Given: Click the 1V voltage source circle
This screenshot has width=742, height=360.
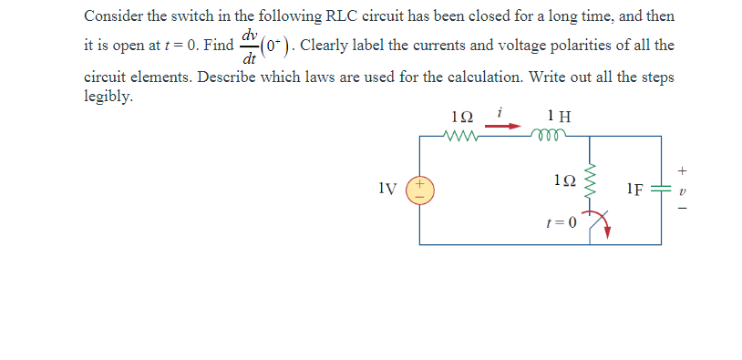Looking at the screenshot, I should (x=420, y=189).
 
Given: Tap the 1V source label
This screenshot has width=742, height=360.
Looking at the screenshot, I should (x=386, y=190).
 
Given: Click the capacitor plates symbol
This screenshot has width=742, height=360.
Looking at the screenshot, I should (x=661, y=190).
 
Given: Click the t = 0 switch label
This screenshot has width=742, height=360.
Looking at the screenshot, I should (x=559, y=221).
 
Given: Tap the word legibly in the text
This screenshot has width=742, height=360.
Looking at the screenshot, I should (x=108, y=96).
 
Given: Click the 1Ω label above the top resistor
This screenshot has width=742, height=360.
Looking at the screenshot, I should (x=462, y=117).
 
